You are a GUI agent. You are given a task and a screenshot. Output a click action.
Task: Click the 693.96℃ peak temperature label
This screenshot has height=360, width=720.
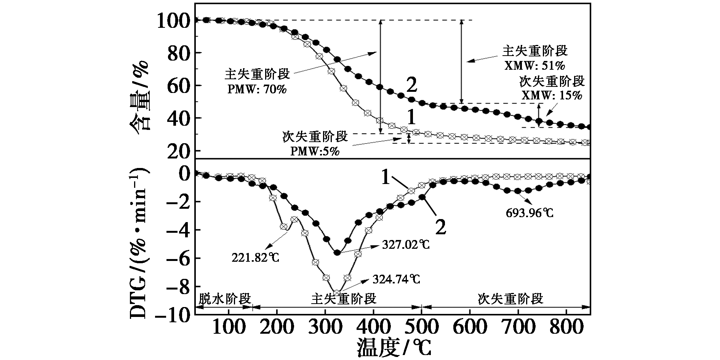[530, 213]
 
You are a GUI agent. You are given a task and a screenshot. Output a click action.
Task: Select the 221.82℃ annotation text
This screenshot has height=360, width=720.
[256, 258]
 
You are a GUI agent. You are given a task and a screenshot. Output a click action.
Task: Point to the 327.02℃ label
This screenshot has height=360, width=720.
[406, 245]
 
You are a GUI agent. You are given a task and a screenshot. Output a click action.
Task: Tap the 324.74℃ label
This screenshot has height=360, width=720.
[397, 279]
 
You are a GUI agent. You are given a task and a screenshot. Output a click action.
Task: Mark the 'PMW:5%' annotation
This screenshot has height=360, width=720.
[315, 151]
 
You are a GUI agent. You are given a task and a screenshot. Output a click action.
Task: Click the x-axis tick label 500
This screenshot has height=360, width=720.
[421, 327]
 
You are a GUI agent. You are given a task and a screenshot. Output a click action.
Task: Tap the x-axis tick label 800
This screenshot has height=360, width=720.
[566, 327]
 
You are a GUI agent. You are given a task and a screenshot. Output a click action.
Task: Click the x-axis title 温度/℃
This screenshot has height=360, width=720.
[394, 347]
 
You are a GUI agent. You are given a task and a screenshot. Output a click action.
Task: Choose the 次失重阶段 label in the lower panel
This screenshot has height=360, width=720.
[510, 299]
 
